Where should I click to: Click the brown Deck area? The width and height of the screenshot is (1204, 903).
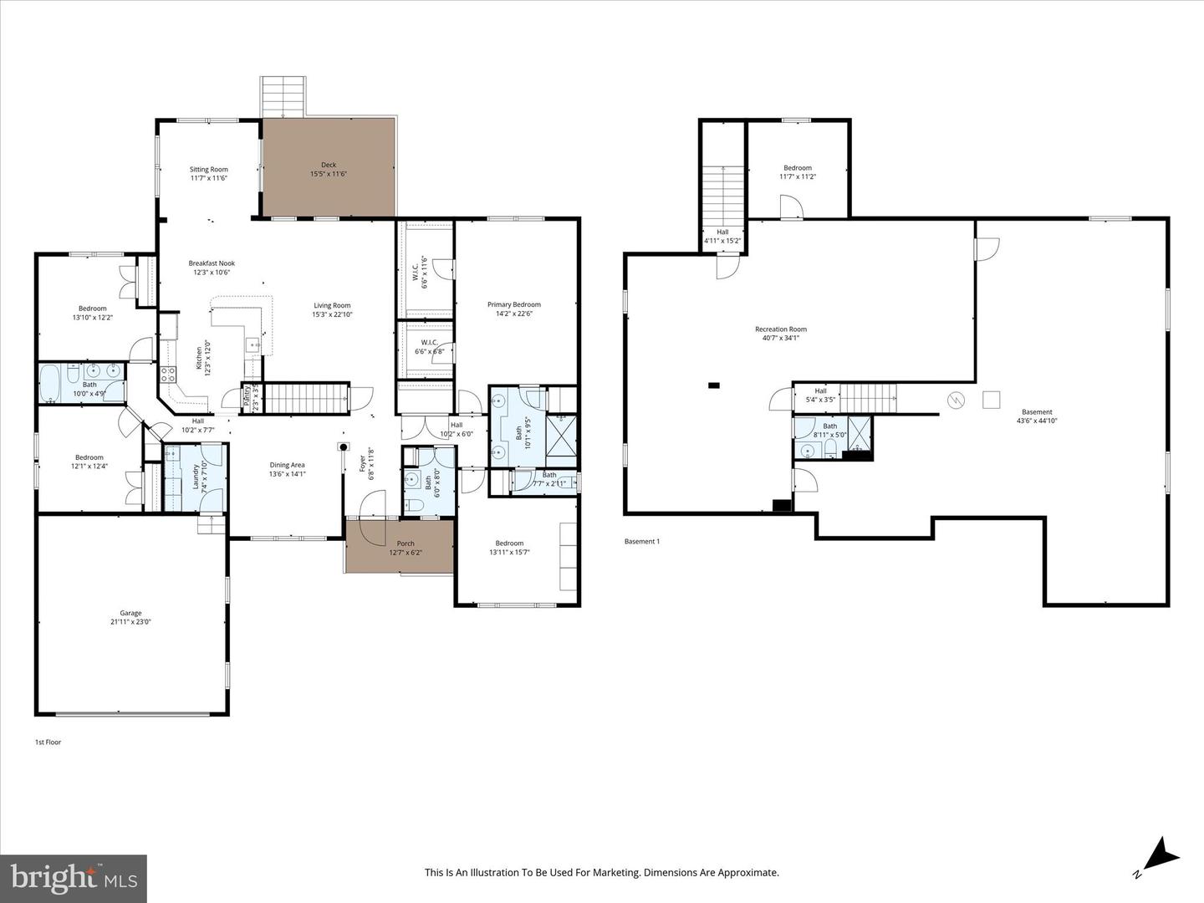[329, 167]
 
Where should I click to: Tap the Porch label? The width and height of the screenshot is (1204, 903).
[406, 543]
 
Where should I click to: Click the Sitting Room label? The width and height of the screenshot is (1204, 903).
[208, 170]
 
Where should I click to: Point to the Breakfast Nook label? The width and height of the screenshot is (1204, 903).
[212, 263]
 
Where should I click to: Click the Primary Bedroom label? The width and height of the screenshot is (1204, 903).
[514, 305]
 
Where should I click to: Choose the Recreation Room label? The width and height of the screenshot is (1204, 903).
[781, 329]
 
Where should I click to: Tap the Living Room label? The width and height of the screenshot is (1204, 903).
[332, 306]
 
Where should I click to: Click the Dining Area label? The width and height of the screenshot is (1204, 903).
[287, 466]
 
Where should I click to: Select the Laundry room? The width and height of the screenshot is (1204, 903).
[195, 477]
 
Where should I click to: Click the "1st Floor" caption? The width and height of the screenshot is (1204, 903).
[48, 742]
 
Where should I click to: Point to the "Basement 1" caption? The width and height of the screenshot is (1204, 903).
[642, 542]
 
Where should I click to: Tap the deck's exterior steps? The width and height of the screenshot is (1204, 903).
[283, 97]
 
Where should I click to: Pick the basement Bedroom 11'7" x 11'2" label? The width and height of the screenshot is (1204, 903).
[798, 168]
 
